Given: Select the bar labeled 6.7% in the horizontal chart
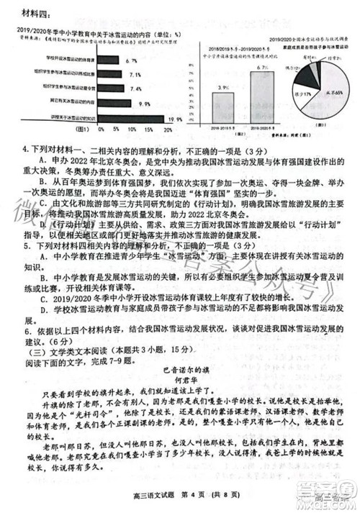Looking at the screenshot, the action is click(107, 63).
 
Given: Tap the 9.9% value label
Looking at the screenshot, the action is click(144, 103).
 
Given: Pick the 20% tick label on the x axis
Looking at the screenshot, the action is click(168, 130).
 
